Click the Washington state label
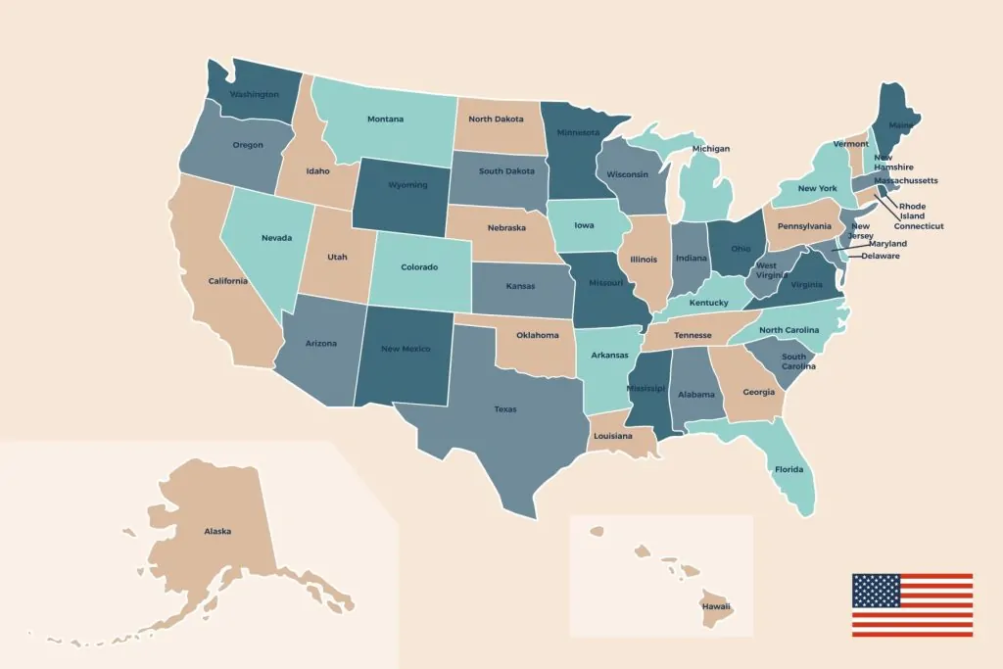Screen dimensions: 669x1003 (x=254, y=95)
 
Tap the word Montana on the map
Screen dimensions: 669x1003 (x=385, y=119)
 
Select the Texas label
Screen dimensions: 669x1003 (x=504, y=409)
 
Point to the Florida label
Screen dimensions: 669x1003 (x=788, y=469)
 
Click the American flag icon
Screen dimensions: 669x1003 (x=911, y=604)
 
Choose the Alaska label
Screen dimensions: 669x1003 (x=217, y=531)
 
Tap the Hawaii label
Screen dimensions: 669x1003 (x=715, y=606)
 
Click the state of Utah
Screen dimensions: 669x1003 (x=337, y=256)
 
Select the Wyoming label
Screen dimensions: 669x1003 (x=407, y=185)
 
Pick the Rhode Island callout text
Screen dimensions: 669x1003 (x=912, y=212)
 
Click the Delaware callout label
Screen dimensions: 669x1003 (x=880, y=256)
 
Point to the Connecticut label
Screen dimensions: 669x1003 (x=919, y=226)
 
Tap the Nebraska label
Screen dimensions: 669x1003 (x=506, y=227)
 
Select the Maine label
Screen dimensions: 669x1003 (x=901, y=125)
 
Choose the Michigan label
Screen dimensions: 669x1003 (x=711, y=149)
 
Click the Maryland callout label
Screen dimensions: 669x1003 (x=887, y=243)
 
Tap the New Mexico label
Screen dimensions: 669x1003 (x=406, y=349)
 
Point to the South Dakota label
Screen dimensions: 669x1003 (x=506, y=171)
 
